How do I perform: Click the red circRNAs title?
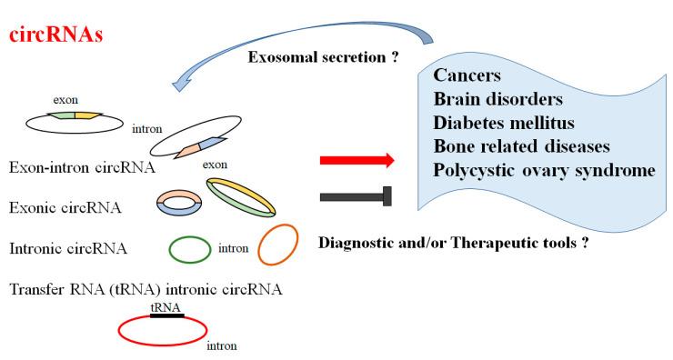pos(56,36)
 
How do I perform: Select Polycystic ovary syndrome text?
pos(542,171)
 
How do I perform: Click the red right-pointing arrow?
pos(357,161)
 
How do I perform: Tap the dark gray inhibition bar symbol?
pos(357,195)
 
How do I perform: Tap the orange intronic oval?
pos(277,245)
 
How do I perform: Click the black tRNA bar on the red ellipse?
pos(166,315)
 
